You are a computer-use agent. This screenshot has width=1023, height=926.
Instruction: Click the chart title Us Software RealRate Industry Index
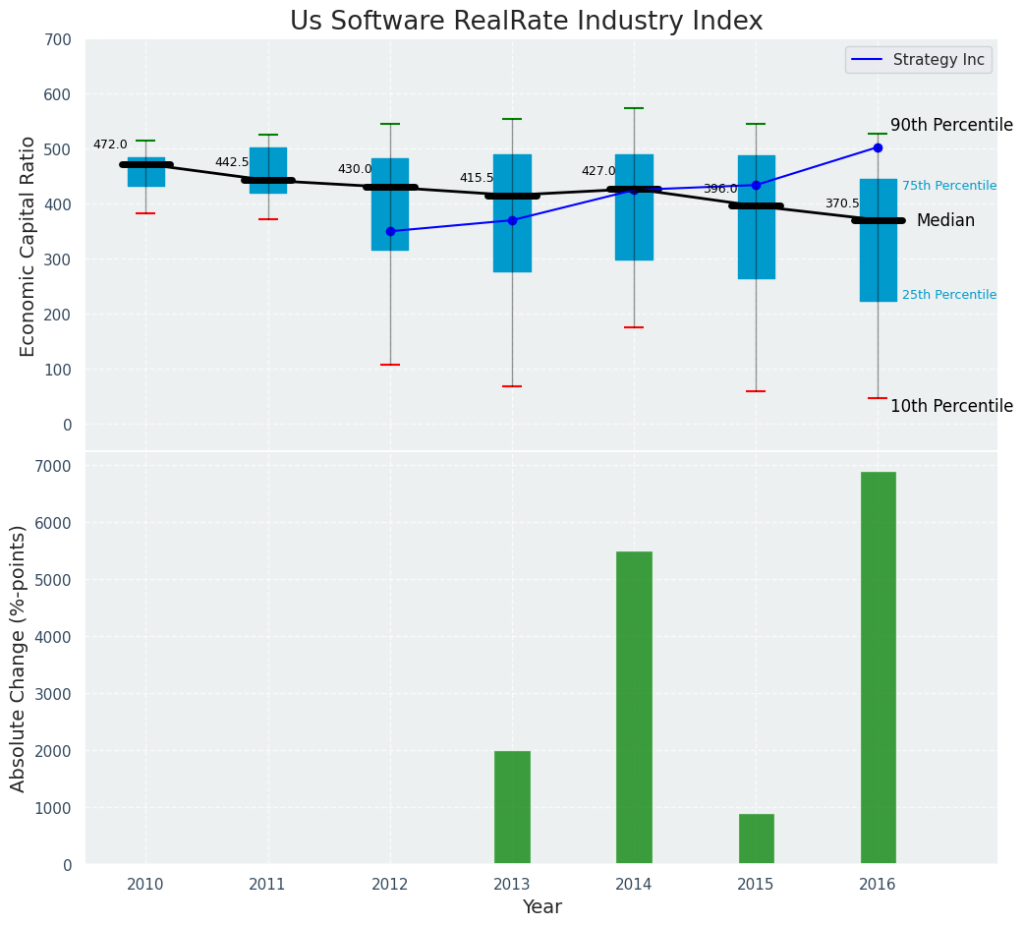point(526,22)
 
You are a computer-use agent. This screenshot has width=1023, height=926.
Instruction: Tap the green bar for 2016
point(878,667)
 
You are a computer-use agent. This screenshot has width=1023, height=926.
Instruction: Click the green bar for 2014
point(634,708)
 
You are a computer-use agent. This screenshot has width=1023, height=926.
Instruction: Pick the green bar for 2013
point(512,807)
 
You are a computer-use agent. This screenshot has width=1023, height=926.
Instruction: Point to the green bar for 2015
point(756,839)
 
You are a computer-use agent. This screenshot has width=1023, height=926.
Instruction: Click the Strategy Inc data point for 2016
point(878,147)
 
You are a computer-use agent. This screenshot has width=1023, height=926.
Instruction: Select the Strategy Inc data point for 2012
point(390,231)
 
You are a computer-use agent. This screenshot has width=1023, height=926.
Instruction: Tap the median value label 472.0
point(110,145)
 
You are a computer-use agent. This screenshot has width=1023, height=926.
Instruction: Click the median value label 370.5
point(841,203)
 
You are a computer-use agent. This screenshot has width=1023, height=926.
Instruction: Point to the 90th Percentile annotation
point(951,125)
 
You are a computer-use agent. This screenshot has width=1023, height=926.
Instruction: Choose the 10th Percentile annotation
point(951,406)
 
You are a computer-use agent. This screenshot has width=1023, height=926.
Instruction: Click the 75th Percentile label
point(949,186)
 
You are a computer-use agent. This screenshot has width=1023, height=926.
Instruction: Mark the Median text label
point(945,221)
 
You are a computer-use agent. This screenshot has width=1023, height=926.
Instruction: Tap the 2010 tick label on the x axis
point(145,884)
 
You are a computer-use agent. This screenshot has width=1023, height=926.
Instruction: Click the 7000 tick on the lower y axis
point(54,466)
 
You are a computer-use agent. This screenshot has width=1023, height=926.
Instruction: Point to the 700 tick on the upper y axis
point(58,39)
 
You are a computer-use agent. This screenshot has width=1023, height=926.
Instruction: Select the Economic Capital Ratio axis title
point(28,246)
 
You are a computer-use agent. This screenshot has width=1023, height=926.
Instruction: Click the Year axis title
point(541,907)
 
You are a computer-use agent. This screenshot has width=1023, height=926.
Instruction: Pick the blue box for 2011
point(268,170)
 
